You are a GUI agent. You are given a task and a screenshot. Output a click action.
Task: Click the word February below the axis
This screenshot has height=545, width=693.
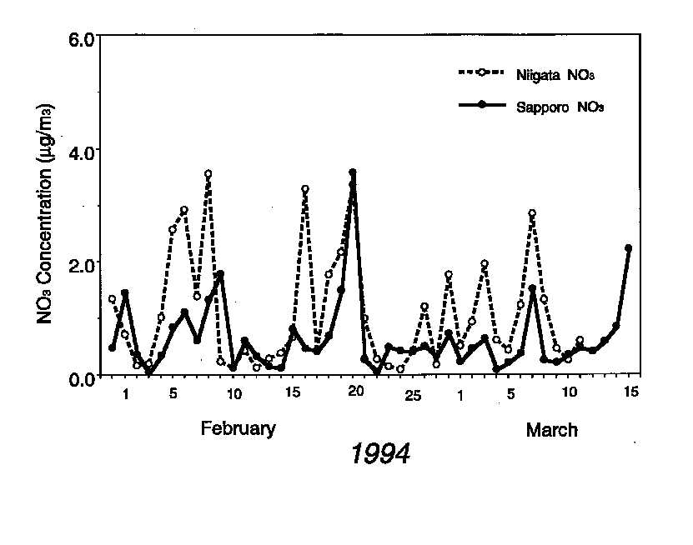click(239, 429)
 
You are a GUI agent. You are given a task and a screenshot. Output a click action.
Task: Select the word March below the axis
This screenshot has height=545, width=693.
click(551, 431)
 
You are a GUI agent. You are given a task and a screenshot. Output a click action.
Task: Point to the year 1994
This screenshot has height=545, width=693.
click(379, 455)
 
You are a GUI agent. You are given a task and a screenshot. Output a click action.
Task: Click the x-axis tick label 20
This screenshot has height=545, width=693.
click(355, 392)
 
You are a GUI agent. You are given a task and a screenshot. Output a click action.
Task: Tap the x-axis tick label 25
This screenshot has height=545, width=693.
click(413, 395)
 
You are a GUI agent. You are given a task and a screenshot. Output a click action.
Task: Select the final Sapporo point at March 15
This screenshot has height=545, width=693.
click(628, 248)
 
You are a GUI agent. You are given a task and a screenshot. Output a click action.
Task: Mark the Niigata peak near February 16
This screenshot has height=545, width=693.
click(305, 190)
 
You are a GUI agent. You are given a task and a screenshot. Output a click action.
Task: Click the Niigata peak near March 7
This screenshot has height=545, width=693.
click(532, 213)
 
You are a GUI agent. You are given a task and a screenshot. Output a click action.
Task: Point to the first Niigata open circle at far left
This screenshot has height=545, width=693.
click(112, 299)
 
